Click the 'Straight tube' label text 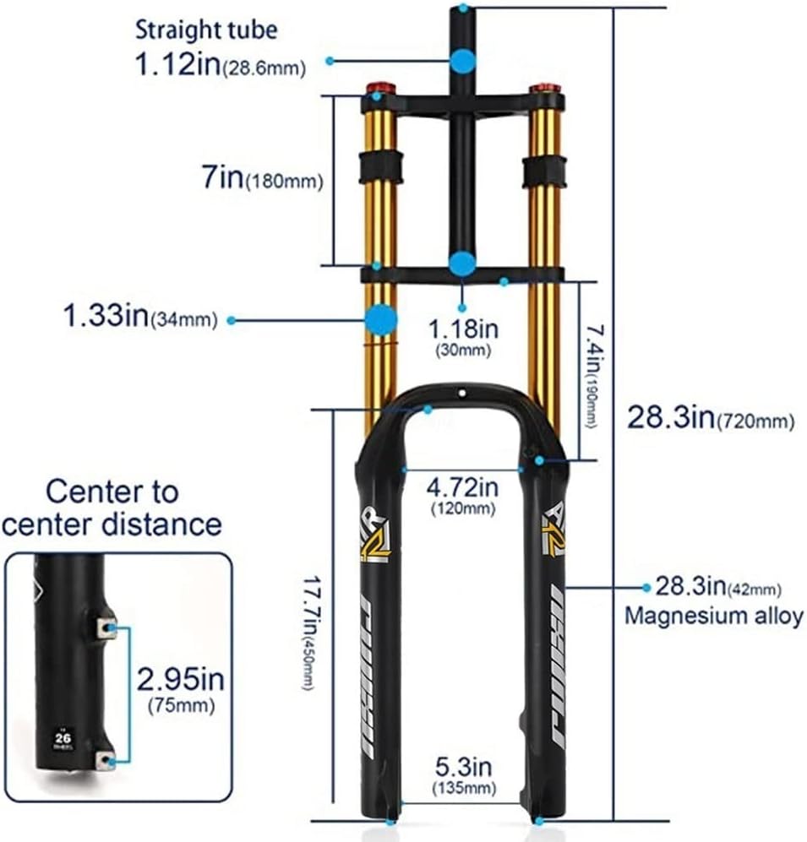click(x=206, y=31)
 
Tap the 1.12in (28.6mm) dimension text click(x=221, y=64)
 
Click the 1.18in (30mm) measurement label click(x=462, y=333)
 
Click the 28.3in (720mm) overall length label click(x=710, y=417)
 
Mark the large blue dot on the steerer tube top click(x=462, y=61)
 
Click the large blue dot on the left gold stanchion click(x=380, y=319)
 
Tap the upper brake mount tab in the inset click(x=106, y=627)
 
